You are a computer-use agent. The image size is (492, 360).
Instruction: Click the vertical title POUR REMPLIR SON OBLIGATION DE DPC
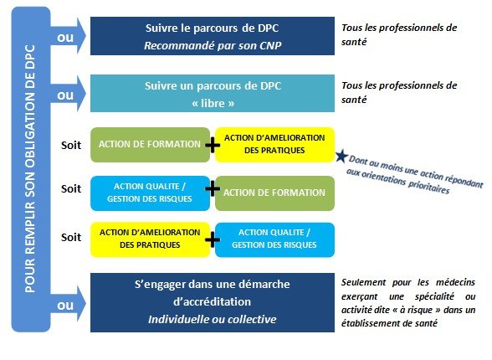pyautogui.click(x=30, y=169)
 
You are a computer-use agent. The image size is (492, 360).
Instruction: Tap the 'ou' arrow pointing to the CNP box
pyautogui.click(x=68, y=36)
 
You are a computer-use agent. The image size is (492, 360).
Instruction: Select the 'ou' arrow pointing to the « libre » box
pyautogui.click(x=68, y=94)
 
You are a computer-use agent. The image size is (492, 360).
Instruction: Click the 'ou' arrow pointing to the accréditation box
pyautogui.click(x=68, y=304)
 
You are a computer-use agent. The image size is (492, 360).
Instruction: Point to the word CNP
pyautogui.click(x=270, y=46)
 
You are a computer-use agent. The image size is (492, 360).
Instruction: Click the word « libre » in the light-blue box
pyautogui.click(x=213, y=103)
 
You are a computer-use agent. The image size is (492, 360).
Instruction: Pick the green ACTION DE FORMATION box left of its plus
pyautogui.click(x=150, y=145)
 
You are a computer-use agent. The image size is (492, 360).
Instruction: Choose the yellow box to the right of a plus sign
pyautogui.click(x=274, y=145)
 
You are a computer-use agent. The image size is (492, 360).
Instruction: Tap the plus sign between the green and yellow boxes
pyautogui.click(x=213, y=146)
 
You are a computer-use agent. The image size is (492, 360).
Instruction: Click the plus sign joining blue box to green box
pyautogui.click(x=213, y=188)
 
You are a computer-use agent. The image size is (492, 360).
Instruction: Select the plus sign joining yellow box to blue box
pyautogui.click(x=213, y=239)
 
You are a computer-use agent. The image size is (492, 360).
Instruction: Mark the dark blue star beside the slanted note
pyautogui.click(x=341, y=156)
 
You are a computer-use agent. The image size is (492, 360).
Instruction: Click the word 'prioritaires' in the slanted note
pyautogui.click(x=428, y=187)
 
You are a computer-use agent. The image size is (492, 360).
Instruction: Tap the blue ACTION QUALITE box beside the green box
pyautogui.click(x=150, y=193)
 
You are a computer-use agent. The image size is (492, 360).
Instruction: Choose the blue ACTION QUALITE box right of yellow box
pyautogui.click(x=274, y=239)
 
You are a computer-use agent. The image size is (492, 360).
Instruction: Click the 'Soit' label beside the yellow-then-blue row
pyautogui.click(x=71, y=237)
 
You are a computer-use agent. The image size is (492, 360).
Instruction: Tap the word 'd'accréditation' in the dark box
pyautogui.click(x=213, y=302)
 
